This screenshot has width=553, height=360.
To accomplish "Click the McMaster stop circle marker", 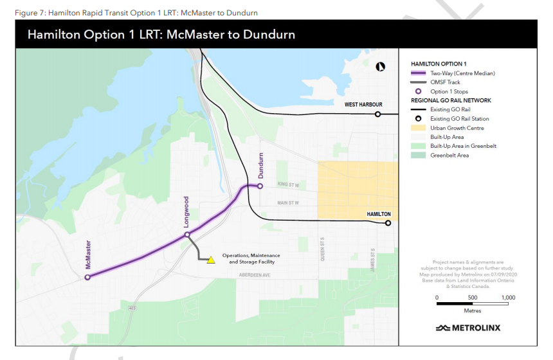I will point(87,278).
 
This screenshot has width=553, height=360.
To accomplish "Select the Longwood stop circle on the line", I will point(187,235).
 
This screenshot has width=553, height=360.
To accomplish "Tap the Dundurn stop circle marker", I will point(260,186).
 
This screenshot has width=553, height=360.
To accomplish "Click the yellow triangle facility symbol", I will point(210,260).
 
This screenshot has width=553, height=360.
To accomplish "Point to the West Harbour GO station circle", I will point(378,114).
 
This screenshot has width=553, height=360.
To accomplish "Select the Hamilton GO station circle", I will point(388,224).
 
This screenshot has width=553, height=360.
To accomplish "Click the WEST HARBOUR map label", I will point(363,105).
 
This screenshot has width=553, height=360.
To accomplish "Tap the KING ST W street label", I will point(289,184).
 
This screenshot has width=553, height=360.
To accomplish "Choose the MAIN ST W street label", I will point(289,203).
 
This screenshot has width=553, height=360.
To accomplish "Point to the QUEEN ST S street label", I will point(322,249).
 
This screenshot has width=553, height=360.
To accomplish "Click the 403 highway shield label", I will point(132,309).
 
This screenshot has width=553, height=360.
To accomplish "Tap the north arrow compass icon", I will point(381,66).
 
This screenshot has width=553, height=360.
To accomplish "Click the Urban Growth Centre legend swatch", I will point(419,128).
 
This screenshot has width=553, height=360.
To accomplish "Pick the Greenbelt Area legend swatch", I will point(419,155).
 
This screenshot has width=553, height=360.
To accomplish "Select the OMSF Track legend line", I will point(419,82).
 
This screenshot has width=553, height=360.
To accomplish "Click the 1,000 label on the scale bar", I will point(508,298).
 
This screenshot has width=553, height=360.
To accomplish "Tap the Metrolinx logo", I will point(467,328).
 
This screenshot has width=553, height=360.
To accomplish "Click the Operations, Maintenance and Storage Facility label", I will point(251,258).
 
